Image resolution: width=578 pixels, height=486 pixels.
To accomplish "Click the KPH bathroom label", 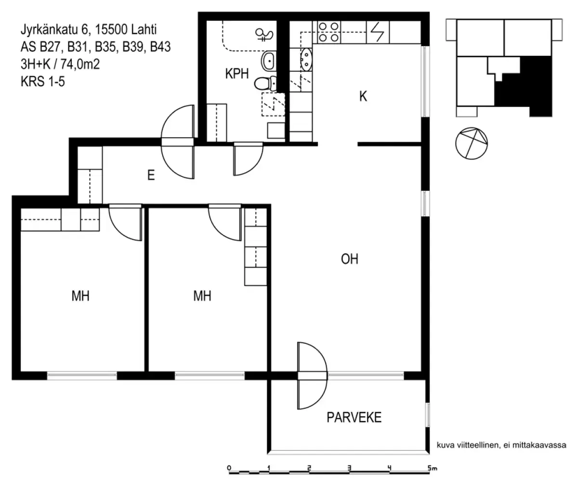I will click(236, 74).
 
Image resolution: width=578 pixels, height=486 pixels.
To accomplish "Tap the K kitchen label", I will click(363, 96).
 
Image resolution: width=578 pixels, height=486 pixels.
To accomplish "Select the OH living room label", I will click(350, 260).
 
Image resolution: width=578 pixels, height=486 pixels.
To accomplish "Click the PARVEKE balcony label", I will click(354, 417).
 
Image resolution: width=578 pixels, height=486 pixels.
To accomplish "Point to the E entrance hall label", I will click(151, 176).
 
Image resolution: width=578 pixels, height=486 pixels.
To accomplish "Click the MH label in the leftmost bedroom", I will click(80, 296).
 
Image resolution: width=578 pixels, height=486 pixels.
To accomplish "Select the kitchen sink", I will click(305, 60).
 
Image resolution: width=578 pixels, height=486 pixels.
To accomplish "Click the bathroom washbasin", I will click(269, 61).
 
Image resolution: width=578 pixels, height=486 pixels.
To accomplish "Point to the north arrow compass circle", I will click(471, 143).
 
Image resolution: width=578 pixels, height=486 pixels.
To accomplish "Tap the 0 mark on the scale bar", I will click(229, 468).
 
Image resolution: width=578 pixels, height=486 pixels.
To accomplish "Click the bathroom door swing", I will click(248, 159).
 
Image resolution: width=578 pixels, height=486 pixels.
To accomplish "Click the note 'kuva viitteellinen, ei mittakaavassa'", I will click(501, 446).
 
